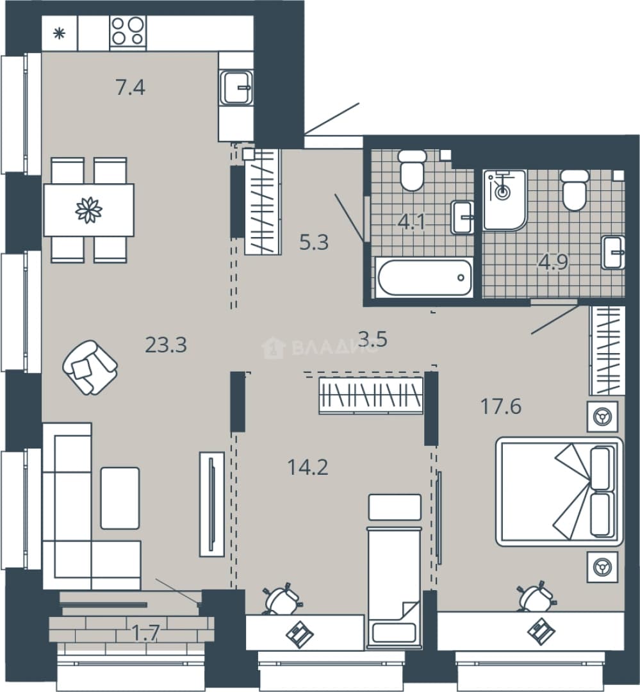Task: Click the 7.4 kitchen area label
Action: (131, 88)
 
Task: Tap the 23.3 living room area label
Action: (166, 345)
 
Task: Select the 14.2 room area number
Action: (308, 467)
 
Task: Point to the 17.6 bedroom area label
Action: (501, 406)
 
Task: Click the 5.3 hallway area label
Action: (314, 243)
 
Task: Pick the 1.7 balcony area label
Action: (145, 634)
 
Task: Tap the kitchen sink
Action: (237, 87)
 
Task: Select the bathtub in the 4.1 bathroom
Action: (423, 277)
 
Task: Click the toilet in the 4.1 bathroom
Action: (412, 170)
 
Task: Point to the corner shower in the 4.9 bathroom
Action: (505, 200)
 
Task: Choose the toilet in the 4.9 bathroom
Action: (574, 190)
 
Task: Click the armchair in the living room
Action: (90, 367)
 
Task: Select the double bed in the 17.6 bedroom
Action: (559, 491)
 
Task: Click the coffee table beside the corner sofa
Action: (120, 498)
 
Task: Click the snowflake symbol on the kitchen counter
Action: (59, 33)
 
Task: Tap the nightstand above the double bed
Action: (602, 416)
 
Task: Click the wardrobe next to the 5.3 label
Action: (263, 202)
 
